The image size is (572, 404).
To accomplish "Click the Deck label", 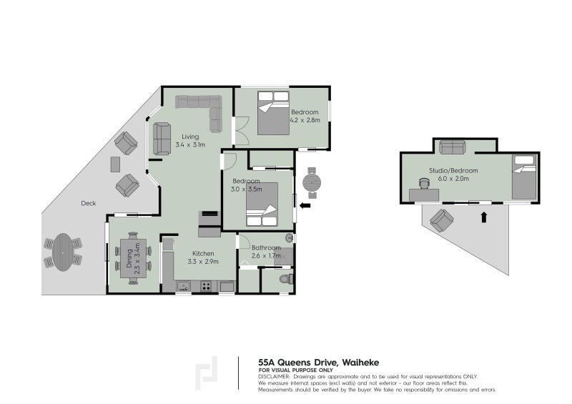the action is coord(88,203).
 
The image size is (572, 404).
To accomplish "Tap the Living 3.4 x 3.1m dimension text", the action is coord(190,144).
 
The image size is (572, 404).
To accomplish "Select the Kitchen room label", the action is coord(203,253).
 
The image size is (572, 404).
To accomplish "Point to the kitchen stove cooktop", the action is coord(206,286).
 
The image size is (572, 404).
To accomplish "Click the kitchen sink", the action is coord(183,285).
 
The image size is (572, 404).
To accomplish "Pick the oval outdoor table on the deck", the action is coord(63,252).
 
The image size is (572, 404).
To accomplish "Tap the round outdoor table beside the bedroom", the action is coord(312,182).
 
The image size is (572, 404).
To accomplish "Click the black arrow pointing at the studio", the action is coord(484,217).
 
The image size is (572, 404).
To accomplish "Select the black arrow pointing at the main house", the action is coord(305,206).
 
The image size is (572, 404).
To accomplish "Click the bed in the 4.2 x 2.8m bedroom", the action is coord(273,113).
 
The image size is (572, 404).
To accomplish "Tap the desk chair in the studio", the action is coord(424,183).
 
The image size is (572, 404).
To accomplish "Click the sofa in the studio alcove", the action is coord(453,147).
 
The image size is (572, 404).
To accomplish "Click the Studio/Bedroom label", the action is coord(453,170).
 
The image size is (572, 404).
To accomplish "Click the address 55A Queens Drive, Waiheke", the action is coord(318,363).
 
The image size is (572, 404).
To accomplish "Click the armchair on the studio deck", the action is coord(442,220).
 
